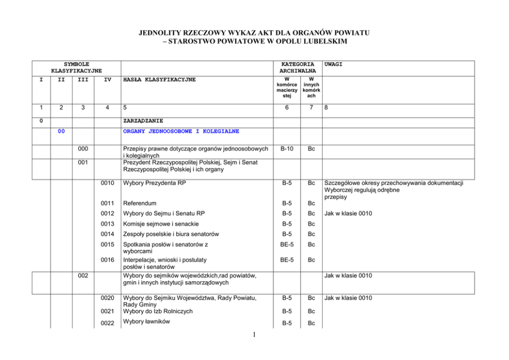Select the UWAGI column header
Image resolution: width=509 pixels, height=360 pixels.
[334, 64]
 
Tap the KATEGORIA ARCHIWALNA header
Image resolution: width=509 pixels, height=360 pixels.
[298, 67]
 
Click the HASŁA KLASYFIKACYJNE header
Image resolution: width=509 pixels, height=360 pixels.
[159, 80]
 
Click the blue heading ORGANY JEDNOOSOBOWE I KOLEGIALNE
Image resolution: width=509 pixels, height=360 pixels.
[181, 131]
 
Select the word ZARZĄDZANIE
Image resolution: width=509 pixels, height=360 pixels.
[143, 121]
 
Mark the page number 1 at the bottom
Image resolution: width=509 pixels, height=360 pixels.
[255, 336]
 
